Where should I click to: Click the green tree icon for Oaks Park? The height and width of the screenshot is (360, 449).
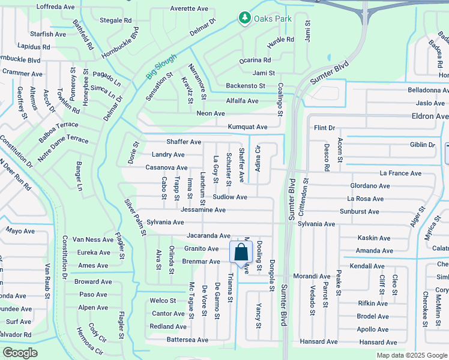click(x=244, y=19)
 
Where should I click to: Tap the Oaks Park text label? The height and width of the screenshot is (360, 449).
click(x=273, y=19)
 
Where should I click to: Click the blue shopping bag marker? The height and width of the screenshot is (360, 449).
click(x=240, y=253)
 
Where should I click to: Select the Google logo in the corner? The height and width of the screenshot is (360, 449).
click(x=20, y=353)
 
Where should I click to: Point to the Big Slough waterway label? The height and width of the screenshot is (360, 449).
click(x=161, y=67)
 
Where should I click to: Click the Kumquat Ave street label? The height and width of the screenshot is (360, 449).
click(x=247, y=127)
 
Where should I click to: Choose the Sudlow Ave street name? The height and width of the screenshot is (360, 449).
click(x=230, y=197)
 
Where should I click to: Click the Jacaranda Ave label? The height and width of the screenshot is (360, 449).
click(x=208, y=236)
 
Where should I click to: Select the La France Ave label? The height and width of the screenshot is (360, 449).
click(x=400, y=173)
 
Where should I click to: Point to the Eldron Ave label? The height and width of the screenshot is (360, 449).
click(x=429, y=116)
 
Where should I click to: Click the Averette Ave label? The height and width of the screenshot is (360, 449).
click(x=189, y=9)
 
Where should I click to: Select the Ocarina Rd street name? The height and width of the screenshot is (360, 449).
click(x=255, y=60)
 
